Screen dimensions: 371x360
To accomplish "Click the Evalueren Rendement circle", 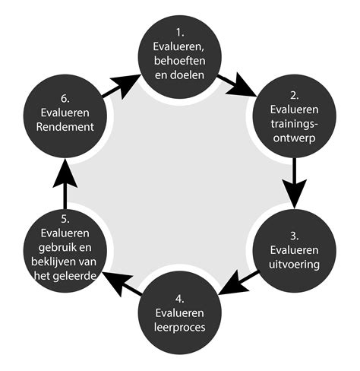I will click(64, 119).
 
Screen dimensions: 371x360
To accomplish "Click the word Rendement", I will click(64, 127).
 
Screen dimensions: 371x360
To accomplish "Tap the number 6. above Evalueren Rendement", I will click(64, 99).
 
